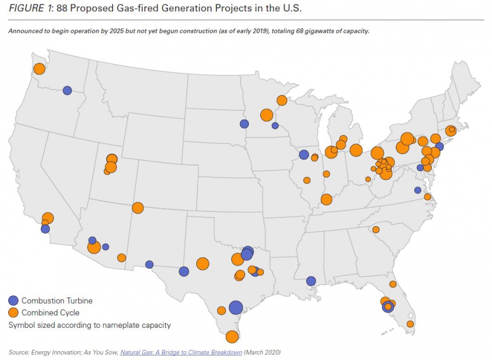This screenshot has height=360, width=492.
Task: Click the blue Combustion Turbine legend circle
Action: [14, 300]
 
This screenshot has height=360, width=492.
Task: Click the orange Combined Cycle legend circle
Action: [14, 312]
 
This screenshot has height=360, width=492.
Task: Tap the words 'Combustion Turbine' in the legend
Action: [57, 300]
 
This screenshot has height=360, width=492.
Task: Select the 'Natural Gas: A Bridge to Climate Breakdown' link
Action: [181, 352]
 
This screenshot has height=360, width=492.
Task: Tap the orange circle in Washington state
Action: [39, 69]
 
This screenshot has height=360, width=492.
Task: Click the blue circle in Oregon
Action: [67, 91]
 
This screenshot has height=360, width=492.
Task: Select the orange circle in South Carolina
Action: [376, 229]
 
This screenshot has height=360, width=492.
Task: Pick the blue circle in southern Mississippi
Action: [311, 281]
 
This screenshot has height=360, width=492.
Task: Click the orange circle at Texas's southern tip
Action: [232, 337]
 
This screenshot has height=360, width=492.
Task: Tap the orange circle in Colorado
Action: [138, 208]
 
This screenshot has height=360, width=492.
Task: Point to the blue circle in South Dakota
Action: [244, 123]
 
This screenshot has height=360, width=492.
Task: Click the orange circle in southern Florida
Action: [410, 324]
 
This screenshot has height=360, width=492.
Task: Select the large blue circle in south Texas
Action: [236, 308]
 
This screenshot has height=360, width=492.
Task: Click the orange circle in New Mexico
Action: [121, 258]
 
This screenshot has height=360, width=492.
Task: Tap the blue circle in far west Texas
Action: [149, 264]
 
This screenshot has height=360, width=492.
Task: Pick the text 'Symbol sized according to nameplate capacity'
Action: [90, 325]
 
